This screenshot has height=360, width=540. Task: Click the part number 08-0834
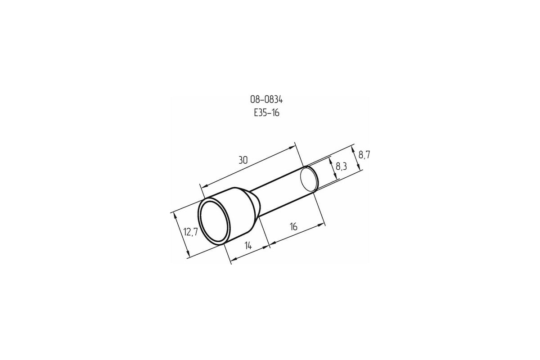(266, 99)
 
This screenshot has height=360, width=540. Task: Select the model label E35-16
(266, 113)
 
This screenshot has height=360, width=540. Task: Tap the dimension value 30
(243, 160)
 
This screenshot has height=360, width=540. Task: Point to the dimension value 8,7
(364, 155)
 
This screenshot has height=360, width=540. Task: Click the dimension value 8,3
(342, 166)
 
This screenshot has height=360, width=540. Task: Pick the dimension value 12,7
(191, 232)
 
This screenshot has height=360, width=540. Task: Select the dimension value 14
(248, 246)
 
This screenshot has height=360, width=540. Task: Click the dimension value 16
(293, 227)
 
